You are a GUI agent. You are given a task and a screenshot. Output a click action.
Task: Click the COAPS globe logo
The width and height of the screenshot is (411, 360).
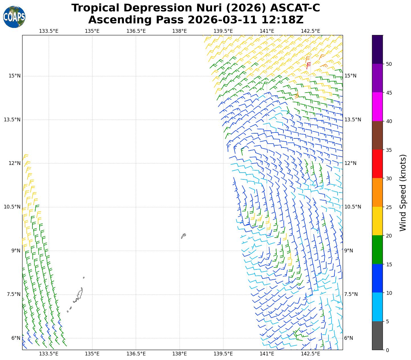14,17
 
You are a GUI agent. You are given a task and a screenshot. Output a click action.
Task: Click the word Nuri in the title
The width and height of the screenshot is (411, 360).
206,8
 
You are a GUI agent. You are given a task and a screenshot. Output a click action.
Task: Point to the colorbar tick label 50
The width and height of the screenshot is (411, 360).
389,64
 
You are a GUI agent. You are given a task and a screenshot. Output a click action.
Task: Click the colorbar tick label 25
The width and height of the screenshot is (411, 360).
389,207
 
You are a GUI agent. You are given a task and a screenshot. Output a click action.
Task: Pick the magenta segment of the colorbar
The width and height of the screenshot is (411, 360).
377,107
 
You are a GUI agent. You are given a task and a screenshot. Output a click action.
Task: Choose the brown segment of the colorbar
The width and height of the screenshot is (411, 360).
377,135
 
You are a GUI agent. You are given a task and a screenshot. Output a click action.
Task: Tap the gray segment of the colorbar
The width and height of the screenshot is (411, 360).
377,336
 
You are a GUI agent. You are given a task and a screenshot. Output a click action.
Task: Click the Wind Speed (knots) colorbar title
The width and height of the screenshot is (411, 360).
403,193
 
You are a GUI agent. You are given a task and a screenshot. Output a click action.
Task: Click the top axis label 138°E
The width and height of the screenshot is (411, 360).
179,31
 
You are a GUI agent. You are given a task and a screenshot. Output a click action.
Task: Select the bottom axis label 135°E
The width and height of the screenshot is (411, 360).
92,354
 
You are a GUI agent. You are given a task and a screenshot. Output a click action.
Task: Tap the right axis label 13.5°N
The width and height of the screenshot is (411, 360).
353,120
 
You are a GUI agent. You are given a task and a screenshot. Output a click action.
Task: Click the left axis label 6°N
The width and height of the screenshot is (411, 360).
16,338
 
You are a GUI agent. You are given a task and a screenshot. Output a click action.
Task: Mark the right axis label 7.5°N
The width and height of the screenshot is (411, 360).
351,294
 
